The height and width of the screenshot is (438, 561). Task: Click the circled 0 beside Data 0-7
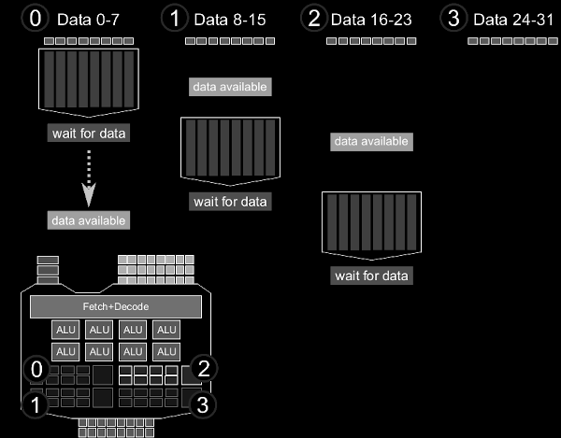point(33,19)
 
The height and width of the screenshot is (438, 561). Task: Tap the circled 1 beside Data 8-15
point(174,19)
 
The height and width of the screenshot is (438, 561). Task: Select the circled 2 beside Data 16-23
point(315,19)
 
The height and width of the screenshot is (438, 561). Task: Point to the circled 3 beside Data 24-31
point(454,19)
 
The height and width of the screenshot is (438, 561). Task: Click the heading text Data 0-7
point(88,20)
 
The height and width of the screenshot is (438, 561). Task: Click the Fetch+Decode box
point(116,306)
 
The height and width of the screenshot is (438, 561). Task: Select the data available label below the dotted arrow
point(89,220)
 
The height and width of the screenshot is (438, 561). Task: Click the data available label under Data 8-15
point(230,87)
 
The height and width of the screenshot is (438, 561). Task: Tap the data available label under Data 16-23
point(371,142)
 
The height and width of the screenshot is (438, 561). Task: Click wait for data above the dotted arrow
point(89,134)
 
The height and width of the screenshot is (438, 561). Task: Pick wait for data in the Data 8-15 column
point(230,201)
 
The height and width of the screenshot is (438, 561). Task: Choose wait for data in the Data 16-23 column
point(371,276)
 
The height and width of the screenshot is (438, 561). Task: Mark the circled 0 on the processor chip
point(36,369)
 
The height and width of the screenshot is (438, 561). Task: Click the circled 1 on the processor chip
point(36,404)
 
